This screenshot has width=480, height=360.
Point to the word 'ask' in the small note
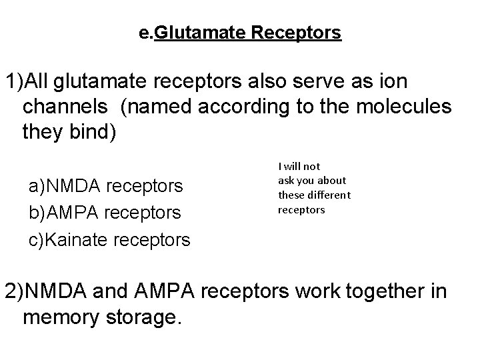point(287,180)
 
